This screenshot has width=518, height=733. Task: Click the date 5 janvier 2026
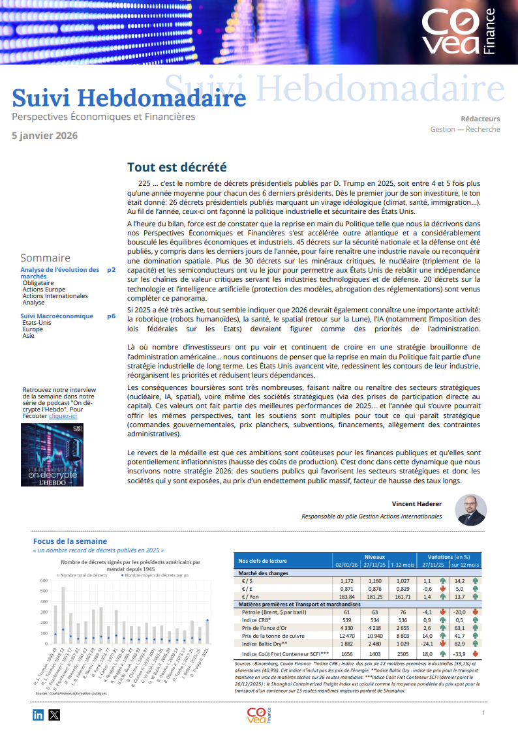(45, 136)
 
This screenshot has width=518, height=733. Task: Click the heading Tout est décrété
(176, 168)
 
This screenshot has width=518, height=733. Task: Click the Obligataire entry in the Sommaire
(38, 283)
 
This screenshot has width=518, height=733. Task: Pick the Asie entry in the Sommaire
(28, 336)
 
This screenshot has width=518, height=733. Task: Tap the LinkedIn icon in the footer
(38, 714)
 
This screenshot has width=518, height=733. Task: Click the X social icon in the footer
(54, 714)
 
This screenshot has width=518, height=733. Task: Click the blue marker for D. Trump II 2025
(207, 620)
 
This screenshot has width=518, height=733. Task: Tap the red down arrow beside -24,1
(443, 644)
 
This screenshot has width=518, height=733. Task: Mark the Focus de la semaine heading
(70, 541)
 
